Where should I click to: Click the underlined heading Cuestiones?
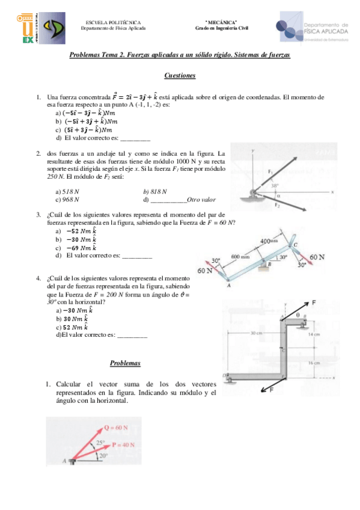pyautogui.click(x=180, y=76)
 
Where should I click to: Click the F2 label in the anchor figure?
pyautogui.click(x=278, y=205)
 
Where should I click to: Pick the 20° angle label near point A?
pyautogui.click(x=103, y=456)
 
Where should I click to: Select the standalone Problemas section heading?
pyautogui.click(x=125, y=363)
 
